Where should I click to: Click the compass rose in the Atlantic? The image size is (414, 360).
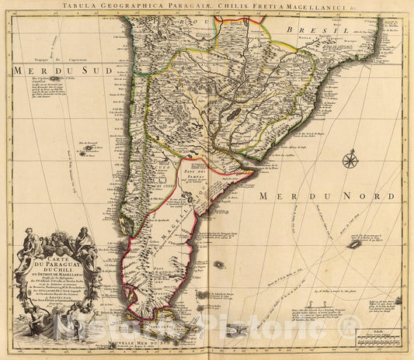point(350,161)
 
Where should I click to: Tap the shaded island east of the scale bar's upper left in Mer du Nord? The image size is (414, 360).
point(354,244)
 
